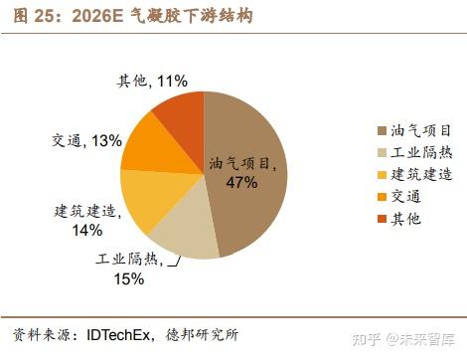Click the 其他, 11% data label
coord(153,80)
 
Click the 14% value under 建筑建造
coord(86,231)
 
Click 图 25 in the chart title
coord(30,16)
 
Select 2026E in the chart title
coord(99,16)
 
